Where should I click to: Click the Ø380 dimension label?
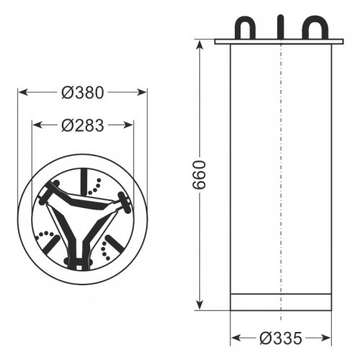tap(83, 92)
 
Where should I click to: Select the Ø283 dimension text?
tap(83, 125)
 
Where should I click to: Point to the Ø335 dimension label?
tap(280, 338)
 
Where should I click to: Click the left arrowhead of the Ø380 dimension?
tap(22, 92)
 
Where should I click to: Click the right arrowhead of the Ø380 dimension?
tap(143, 92)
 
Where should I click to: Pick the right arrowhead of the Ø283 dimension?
tap(130, 125)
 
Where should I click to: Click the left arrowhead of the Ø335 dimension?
tap(235, 338)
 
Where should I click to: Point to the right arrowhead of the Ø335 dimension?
tap(328, 338)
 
